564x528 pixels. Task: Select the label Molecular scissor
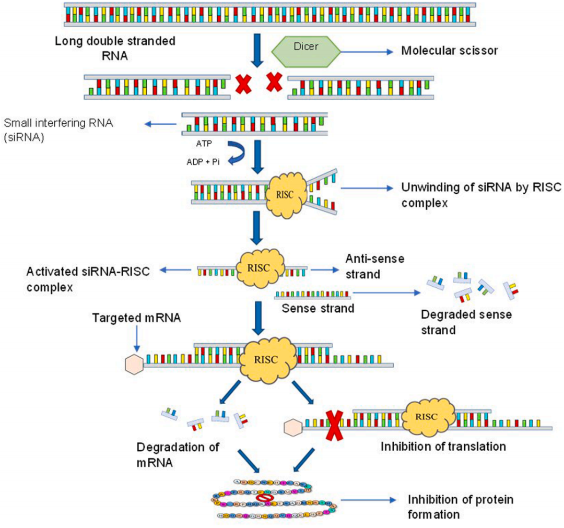point(449,51)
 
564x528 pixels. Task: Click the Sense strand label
point(318,308)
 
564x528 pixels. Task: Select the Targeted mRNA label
point(137,318)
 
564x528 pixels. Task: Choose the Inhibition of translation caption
point(443,447)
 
